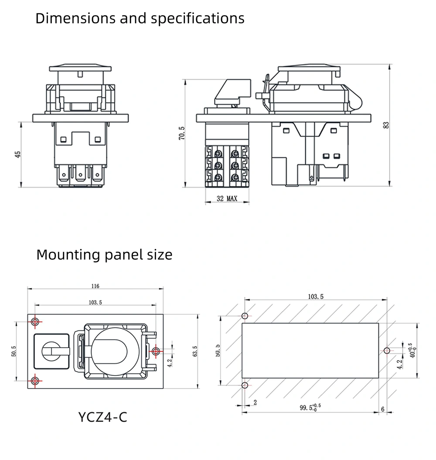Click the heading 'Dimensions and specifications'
tap(140, 19)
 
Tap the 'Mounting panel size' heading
tap(104, 254)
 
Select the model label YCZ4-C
tap(102, 417)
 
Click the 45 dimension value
tap(18, 155)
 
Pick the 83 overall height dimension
tap(385, 125)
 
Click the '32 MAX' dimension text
tap(227, 199)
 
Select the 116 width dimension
tap(95, 286)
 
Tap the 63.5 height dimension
tap(194, 351)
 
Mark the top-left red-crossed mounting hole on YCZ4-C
tap(35, 322)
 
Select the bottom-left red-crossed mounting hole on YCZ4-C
tap(35, 379)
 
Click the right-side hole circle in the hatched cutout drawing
tap(386, 350)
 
